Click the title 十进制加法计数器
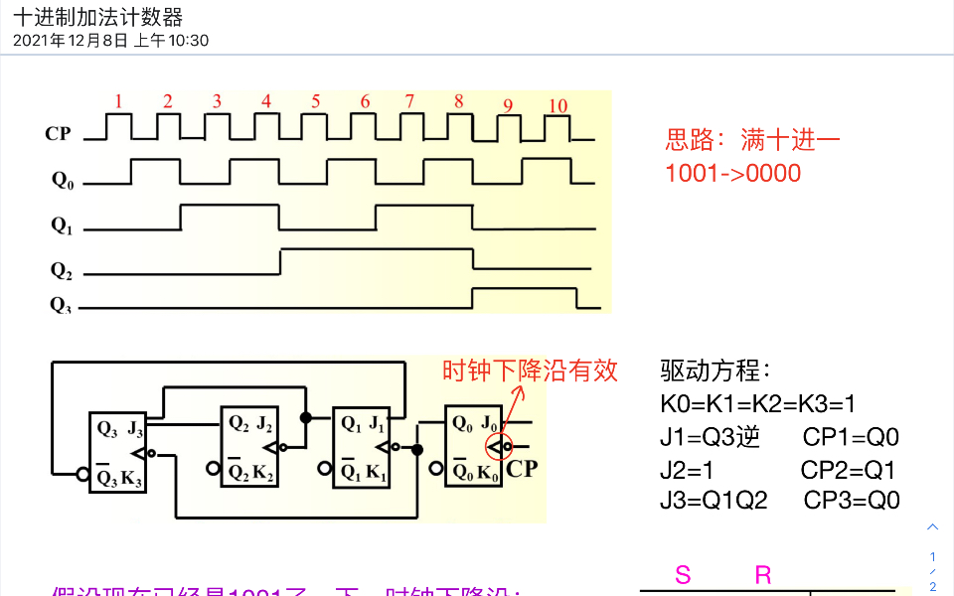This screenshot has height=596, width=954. click(98, 17)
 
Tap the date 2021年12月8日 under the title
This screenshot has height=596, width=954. click(71, 41)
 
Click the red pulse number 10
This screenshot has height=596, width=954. click(557, 106)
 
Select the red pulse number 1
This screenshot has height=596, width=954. click(118, 100)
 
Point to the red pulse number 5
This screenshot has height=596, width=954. click(315, 100)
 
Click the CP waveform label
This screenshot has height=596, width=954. click(59, 133)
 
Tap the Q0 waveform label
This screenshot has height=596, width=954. click(62, 180)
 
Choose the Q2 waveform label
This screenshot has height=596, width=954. click(62, 269)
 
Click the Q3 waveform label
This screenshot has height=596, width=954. click(62, 305)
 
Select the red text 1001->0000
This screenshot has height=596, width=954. click(732, 173)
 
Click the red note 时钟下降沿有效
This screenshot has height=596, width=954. click(530, 371)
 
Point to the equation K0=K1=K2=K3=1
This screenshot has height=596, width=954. click(757, 404)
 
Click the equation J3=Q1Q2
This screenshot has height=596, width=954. click(714, 500)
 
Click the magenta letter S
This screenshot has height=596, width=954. click(683, 574)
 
